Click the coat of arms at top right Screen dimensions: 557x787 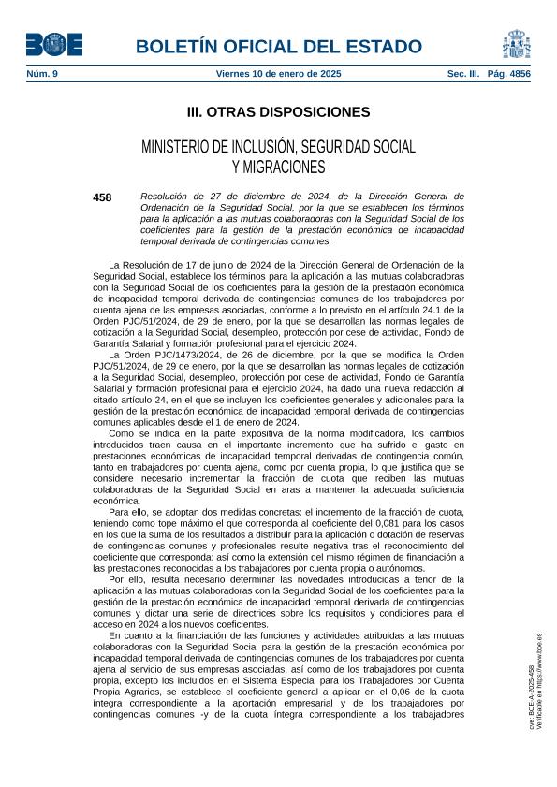(x=516, y=43)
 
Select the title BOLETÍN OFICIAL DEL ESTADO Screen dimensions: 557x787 (x=278, y=47)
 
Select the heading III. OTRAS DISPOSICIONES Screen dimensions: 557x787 (x=278, y=112)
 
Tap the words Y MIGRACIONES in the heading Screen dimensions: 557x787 (x=278, y=168)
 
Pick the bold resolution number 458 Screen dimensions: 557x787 (x=103, y=197)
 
